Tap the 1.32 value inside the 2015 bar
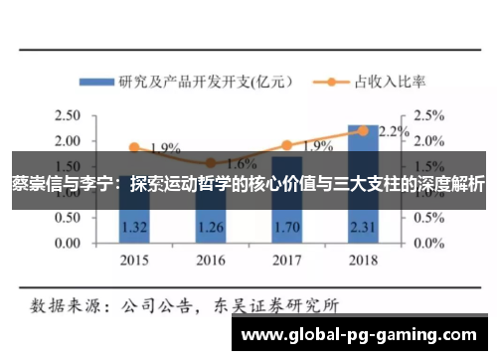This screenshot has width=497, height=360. coord(133,228)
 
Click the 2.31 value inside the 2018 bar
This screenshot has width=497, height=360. coord(363,228)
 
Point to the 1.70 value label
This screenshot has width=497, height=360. coord(286,228)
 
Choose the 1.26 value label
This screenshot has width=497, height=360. coord(210,228)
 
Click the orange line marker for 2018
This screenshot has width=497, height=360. coord(363,130)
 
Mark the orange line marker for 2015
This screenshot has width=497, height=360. coord(133,147)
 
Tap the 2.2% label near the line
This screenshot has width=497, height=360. coord(395,131)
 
